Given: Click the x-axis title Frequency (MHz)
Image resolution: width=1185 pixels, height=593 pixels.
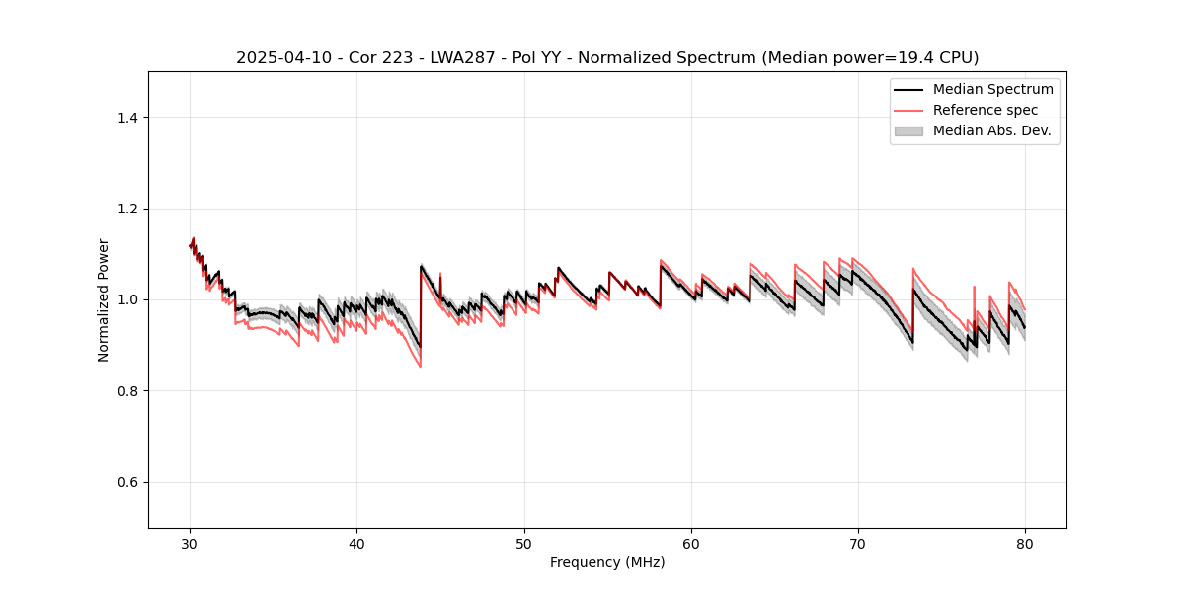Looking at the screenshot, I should tap(607, 562).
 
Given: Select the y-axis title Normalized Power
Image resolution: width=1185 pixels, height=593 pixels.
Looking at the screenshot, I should tap(104, 299).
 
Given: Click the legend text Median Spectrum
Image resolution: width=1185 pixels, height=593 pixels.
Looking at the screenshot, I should tap(992, 89).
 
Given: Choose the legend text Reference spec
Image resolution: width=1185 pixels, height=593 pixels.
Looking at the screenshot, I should tap(985, 110).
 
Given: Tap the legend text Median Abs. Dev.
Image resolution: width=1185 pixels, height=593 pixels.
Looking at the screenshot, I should tap(991, 130).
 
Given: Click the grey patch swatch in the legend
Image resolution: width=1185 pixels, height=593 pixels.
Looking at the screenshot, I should tap(908, 130).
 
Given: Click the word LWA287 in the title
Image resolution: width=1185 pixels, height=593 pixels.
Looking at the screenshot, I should tap(464, 58).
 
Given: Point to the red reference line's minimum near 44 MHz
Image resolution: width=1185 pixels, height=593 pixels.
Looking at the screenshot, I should tap(421, 367).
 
